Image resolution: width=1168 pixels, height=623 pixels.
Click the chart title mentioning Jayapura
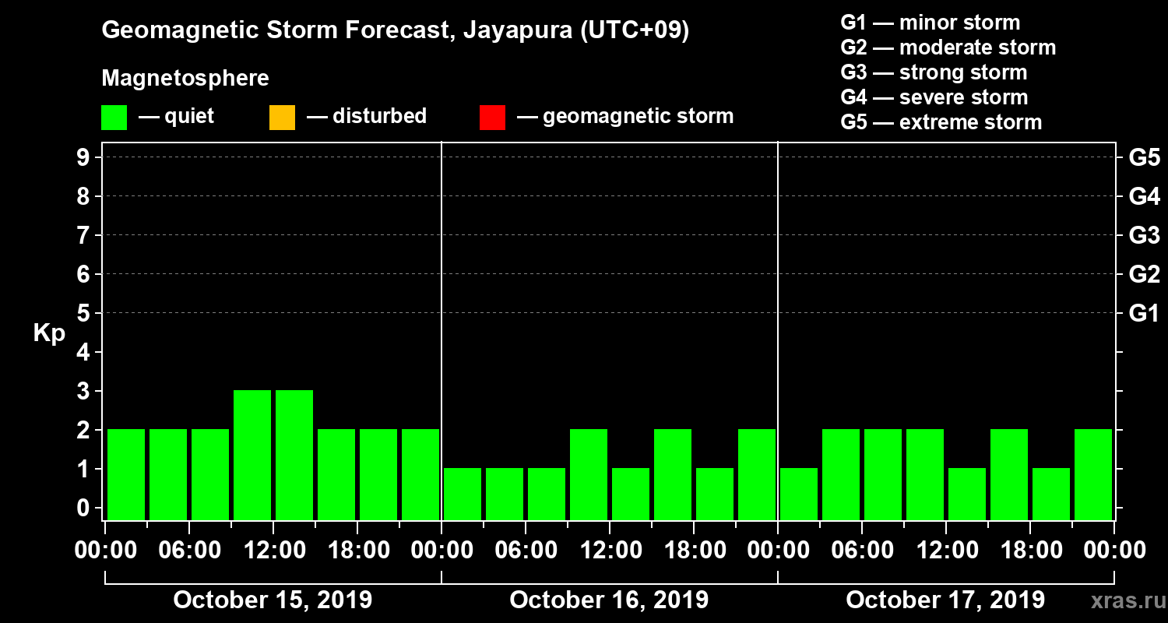[395, 30]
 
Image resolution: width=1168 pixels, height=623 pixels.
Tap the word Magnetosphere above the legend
[185, 79]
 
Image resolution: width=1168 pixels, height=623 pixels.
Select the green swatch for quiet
[114, 117]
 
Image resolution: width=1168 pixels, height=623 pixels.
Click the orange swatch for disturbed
[282, 117]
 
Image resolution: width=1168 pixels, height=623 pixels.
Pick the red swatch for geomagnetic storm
[492, 117]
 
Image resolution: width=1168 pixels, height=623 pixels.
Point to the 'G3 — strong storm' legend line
[934, 72]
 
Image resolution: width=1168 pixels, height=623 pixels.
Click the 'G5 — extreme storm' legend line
[941, 122]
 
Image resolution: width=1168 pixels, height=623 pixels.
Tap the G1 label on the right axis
[1144, 314]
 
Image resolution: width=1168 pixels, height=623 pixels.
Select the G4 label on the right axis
[1144, 196]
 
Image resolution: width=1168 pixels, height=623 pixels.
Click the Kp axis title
[49, 333]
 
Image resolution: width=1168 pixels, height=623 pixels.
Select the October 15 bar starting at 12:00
[294, 454]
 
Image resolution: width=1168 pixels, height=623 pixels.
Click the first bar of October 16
[463, 493]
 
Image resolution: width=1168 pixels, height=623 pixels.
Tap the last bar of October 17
[1093, 473]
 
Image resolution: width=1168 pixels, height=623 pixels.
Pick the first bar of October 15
[126, 473]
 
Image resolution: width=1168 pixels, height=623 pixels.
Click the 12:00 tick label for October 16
[610, 551]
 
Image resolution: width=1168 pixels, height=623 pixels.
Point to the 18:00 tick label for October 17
[1029, 551]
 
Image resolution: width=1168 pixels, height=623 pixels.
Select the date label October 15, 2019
[273, 600]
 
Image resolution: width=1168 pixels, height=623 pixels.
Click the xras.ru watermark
[1122, 600]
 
